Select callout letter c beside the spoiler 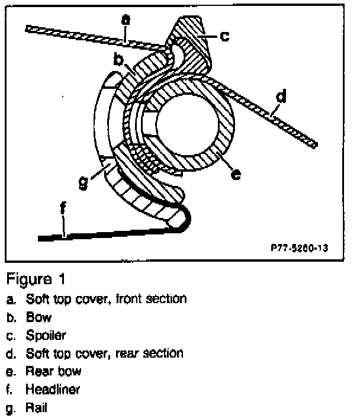coord(224,36)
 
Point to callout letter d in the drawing coord(281,97)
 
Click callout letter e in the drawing coord(236,174)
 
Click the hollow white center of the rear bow coord(185,124)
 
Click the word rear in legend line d coord(110,353)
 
